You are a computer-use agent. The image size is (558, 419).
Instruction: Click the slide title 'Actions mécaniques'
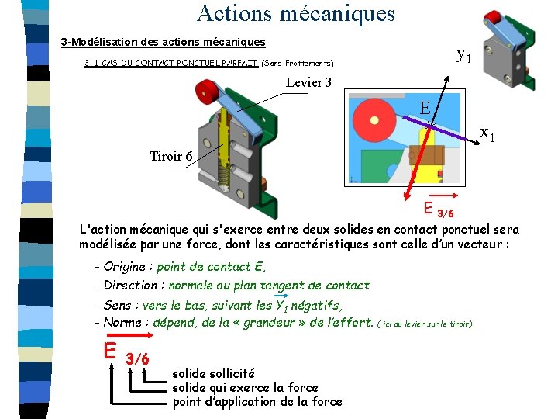[295, 13]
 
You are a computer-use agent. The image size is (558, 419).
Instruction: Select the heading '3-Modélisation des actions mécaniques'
[163, 42]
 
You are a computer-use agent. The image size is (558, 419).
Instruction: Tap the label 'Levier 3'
[308, 82]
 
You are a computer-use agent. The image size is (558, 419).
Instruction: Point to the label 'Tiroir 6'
[171, 156]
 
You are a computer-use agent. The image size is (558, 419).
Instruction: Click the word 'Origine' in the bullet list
[124, 267]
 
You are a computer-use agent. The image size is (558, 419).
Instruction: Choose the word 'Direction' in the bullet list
[130, 286]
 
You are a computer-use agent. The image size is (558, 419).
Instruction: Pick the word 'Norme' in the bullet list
[122, 323]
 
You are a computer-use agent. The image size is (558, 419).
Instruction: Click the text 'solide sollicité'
[213, 373]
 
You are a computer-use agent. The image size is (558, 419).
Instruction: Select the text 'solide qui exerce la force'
[245, 387]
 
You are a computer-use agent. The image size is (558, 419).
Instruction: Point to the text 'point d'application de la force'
[257, 401]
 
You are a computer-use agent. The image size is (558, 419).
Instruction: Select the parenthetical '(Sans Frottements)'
[298, 63]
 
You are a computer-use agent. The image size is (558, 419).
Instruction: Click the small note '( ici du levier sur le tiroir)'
[425, 324]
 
